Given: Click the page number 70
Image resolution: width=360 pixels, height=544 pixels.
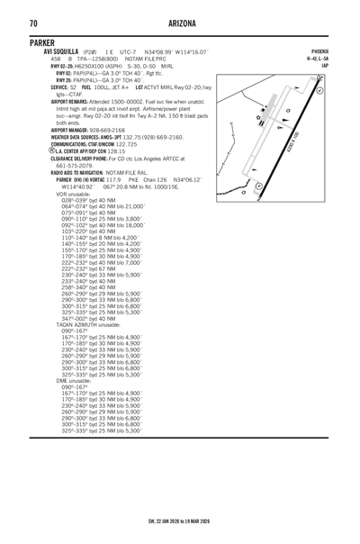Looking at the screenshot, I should click(33, 22).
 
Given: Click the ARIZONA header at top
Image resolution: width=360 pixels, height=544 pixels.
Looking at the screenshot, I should click(181, 22).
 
